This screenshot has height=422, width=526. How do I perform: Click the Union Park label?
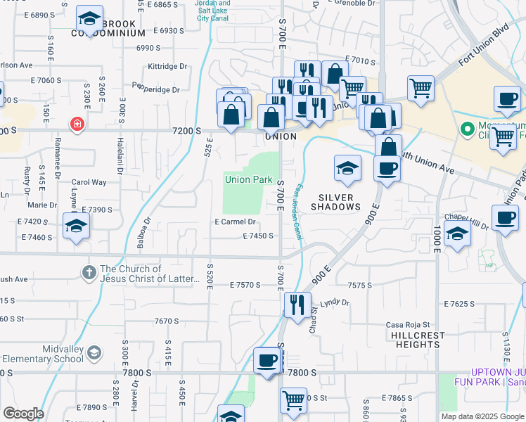click(x=248, y=179)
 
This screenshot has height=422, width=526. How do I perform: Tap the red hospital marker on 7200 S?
click(x=77, y=124)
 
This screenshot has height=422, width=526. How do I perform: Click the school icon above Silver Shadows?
click(x=347, y=168)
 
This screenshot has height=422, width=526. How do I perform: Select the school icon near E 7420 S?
click(x=76, y=226)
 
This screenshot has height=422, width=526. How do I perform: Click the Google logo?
click(x=23, y=414)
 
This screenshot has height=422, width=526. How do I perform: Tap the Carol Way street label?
click(x=89, y=182)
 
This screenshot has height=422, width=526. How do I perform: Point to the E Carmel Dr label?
click(x=234, y=222)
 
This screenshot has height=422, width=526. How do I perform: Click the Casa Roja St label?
click(x=408, y=325)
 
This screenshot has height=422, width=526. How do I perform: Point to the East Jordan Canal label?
click(x=297, y=211)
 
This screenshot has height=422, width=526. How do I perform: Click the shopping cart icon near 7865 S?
click(x=293, y=400)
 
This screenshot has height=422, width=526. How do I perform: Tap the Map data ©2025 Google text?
click(x=482, y=416)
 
